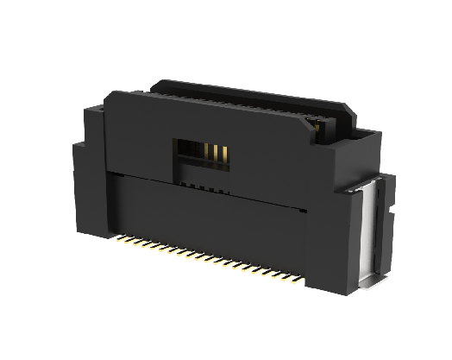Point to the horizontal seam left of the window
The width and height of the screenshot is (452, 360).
(x=138, y=174)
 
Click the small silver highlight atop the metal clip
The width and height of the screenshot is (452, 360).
(x=367, y=187)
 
